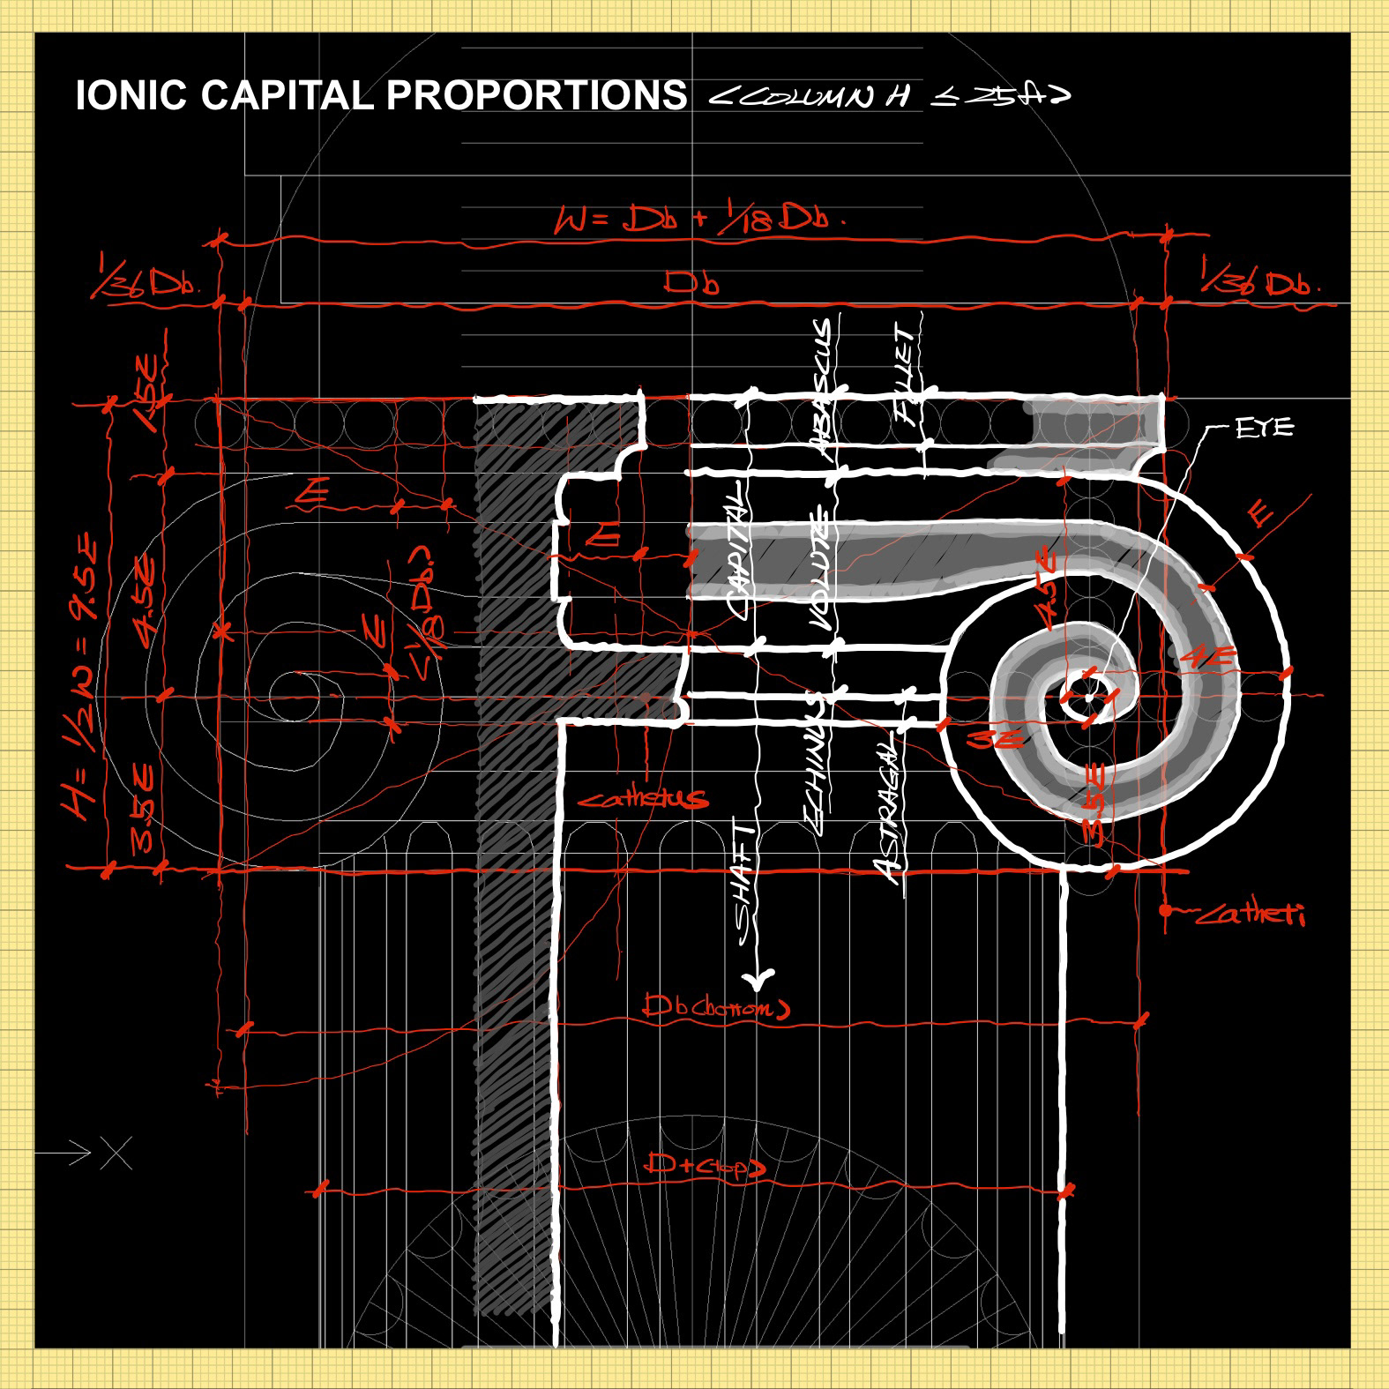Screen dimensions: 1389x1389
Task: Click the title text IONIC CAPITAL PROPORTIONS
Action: [381, 95]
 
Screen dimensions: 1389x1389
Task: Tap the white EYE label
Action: [1265, 429]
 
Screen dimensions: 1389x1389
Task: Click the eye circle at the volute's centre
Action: [1088, 698]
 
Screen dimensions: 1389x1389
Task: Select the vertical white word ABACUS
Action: [822, 389]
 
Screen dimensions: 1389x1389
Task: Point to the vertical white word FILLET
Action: [906, 374]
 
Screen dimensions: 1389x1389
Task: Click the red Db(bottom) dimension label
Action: [715, 1006]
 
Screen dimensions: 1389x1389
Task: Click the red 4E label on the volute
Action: [1207, 657]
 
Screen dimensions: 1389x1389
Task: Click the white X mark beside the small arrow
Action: [116, 1153]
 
